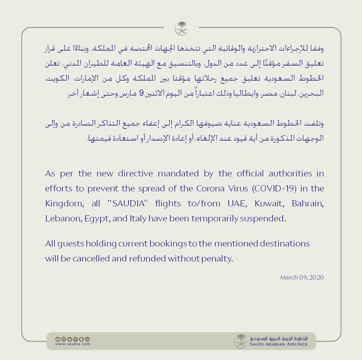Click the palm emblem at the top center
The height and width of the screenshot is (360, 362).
pos(181,28)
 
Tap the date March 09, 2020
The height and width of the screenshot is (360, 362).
pos(302,277)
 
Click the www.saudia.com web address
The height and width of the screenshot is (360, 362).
pos(73,344)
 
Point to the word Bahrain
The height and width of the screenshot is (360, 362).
pos(308,203)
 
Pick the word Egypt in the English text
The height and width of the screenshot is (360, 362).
pos(97,218)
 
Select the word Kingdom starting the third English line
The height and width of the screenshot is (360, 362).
pos(64,203)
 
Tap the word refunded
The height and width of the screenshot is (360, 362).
pos(147,259)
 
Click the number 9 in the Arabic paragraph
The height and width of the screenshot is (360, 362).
pos(141,93)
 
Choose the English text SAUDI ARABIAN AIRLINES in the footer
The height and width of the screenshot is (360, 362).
pos(279,344)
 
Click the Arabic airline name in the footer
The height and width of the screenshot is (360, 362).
pos(279,338)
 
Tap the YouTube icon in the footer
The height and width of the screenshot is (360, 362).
pos(57,339)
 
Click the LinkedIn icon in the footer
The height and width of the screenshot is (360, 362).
pos(87,339)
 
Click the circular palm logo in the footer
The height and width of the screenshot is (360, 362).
pos(241,341)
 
